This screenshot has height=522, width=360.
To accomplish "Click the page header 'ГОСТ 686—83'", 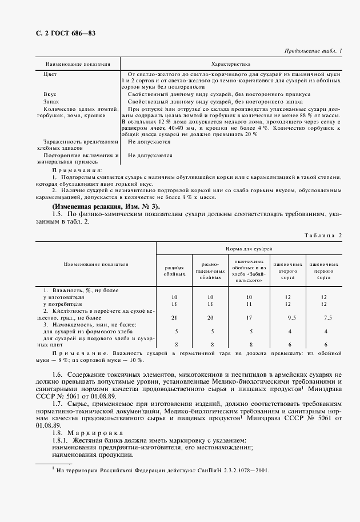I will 72,33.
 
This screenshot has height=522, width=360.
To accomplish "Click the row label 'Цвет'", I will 50,74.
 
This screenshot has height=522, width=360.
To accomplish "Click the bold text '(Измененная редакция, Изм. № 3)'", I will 106,206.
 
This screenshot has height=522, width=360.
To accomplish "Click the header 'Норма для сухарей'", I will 249,249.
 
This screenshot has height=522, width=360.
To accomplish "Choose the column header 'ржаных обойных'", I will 175,270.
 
